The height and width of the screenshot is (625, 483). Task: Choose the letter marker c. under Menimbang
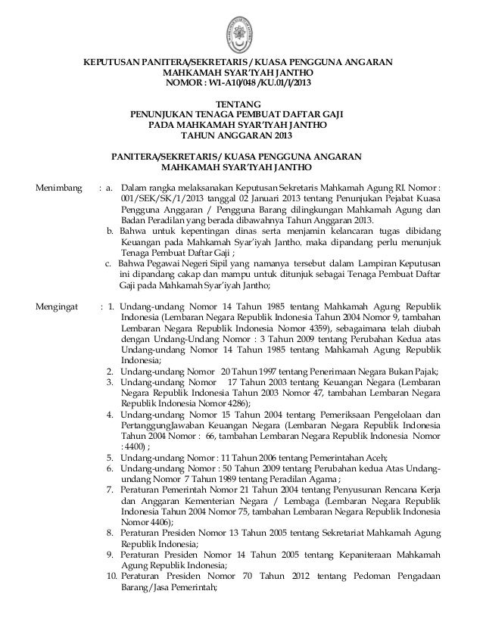click(x=110, y=263)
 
